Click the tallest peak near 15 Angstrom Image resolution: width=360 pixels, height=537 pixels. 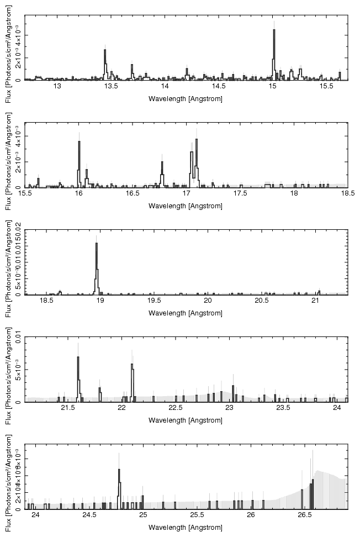click(x=273, y=31)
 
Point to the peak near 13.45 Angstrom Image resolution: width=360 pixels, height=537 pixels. click(x=105, y=51)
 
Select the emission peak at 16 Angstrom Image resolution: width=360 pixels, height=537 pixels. click(x=79, y=143)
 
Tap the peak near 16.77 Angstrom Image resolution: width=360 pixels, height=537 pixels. click(x=162, y=162)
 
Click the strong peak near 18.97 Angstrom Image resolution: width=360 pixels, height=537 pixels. click(x=97, y=245)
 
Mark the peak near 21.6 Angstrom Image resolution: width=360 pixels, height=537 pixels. click(x=78, y=358)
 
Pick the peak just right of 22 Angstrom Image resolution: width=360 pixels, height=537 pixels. click(x=132, y=365)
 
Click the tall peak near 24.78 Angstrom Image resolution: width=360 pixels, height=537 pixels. click(x=119, y=470)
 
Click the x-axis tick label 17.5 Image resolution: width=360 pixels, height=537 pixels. click(x=240, y=194)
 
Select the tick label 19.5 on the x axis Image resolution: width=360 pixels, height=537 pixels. click(x=154, y=301)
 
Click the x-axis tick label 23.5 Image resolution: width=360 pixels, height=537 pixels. click(x=283, y=409)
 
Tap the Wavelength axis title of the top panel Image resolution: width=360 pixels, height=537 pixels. click(x=186, y=98)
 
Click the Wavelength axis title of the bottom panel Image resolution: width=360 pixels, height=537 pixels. click(x=186, y=528)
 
